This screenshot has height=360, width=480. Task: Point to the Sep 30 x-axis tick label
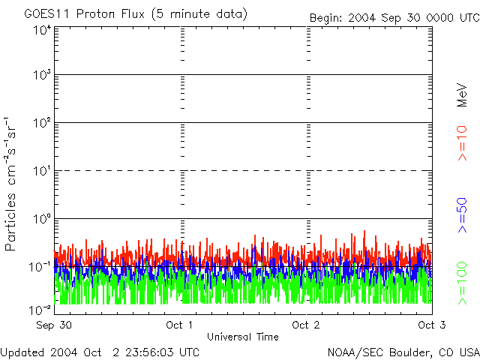[55, 325]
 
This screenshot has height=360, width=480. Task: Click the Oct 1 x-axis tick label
[180, 325]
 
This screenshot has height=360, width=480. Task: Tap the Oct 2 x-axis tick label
[306, 325]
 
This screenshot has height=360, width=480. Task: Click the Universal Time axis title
[241, 337]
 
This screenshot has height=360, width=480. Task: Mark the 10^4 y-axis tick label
[41, 31]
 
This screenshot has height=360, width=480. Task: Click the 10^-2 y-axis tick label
[40, 310]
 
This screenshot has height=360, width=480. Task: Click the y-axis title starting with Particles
[11, 184]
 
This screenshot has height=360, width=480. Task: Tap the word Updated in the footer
[22, 352]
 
